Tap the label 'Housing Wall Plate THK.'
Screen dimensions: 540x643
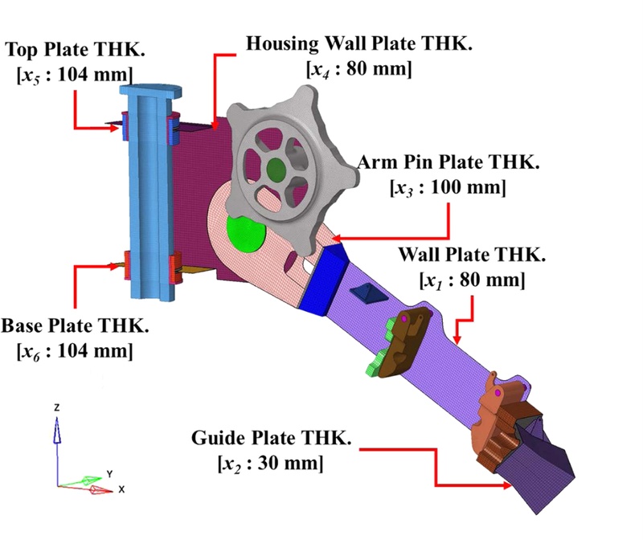click(x=358, y=43)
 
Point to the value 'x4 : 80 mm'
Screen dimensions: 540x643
click(x=359, y=69)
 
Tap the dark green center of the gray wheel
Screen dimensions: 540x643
click(x=276, y=168)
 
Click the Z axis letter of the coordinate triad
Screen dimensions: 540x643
click(x=56, y=407)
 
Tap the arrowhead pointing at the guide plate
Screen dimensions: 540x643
click(x=509, y=485)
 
